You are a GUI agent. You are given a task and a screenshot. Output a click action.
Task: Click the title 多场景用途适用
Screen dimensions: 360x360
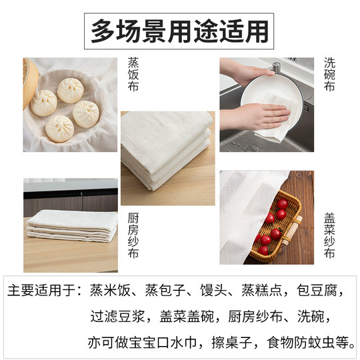[x=180, y=30]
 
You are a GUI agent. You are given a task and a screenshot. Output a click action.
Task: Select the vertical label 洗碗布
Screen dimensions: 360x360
[x=329, y=75]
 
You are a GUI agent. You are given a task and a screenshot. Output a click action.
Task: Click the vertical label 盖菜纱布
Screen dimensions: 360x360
[x=329, y=236]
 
